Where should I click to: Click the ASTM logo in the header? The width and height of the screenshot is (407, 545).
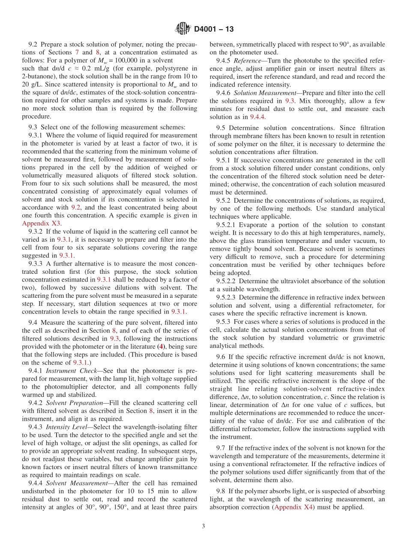tap(183, 29)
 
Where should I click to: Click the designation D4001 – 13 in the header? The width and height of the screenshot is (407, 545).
tap(213, 29)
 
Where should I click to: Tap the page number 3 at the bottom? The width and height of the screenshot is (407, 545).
tap(203, 526)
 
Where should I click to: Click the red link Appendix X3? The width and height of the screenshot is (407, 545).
tap(41, 223)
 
